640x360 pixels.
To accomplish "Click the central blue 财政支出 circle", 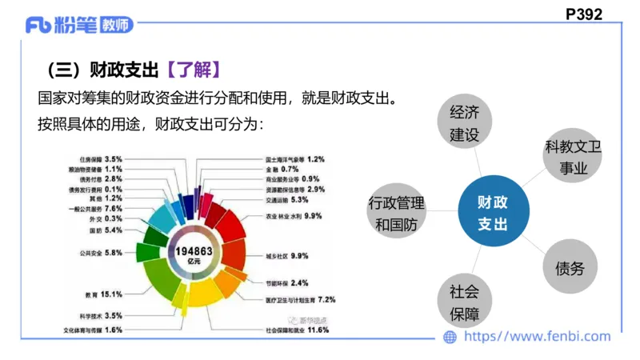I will tap(493, 210).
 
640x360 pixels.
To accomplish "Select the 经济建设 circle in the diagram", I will tap(465, 122).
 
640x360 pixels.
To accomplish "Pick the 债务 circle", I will tap(570, 268).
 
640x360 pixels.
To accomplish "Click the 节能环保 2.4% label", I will tap(286, 283).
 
